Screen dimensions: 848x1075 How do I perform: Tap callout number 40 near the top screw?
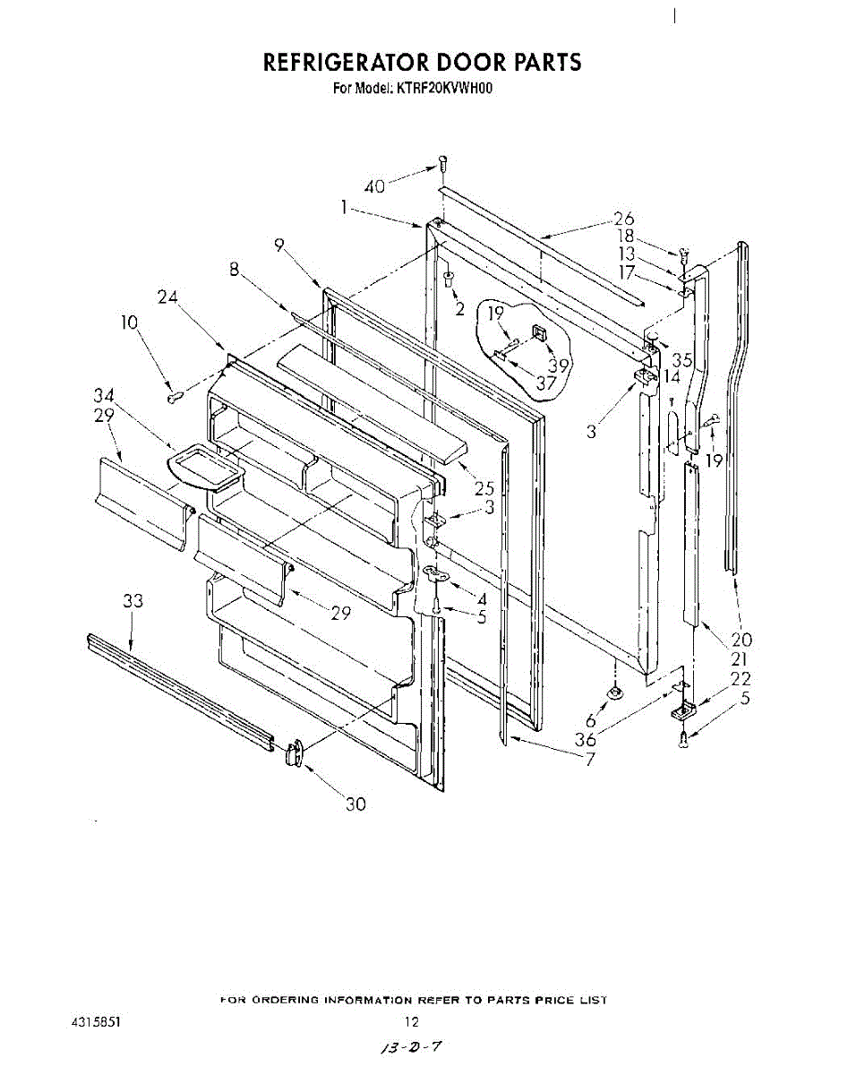pos(374,186)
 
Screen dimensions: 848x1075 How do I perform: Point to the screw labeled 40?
pos(441,164)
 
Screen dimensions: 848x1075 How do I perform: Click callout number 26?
pos(623,218)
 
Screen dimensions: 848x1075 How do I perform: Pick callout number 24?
pos(167,297)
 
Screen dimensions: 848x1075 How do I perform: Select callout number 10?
pos(130,322)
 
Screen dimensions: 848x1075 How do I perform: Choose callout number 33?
pos(133,602)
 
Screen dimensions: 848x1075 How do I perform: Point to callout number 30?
pos(355,804)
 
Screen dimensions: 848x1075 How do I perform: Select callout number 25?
pos(484,488)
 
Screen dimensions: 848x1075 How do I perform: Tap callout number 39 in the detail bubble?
pos(560,365)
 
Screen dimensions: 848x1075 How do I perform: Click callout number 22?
pos(741,679)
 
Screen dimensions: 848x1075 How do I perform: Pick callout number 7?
pos(590,761)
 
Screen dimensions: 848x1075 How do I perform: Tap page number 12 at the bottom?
pos(411,1021)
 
